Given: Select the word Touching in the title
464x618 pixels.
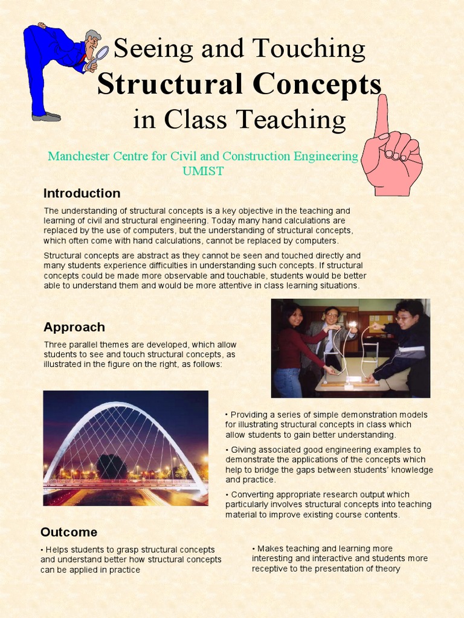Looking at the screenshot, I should (x=308, y=48).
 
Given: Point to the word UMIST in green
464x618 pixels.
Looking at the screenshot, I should (x=203, y=171).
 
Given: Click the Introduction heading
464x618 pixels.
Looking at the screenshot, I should (x=82, y=193).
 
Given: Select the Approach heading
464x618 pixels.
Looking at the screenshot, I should (x=74, y=327).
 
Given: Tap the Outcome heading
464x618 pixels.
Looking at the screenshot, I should (x=68, y=532).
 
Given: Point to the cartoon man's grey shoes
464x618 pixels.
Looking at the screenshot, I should (x=46, y=116).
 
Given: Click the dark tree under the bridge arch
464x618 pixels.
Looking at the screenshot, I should (x=112, y=465).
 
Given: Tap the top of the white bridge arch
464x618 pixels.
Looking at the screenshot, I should (x=124, y=404).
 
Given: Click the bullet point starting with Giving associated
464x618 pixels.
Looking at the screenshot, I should (x=329, y=465).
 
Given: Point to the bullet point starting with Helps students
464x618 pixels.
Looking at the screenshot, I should (x=130, y=559).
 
